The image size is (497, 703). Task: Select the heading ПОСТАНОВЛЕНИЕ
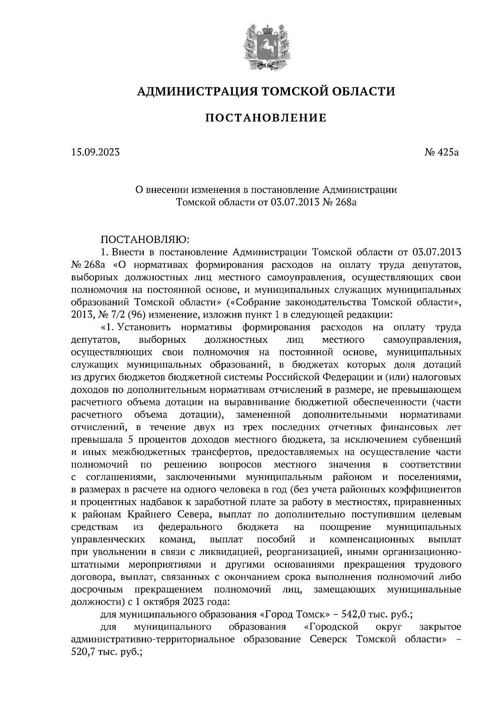click(x=266, y=118)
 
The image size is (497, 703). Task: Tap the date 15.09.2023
click(x=95, y=153)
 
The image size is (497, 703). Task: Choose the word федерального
click(x=191, y=527)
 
